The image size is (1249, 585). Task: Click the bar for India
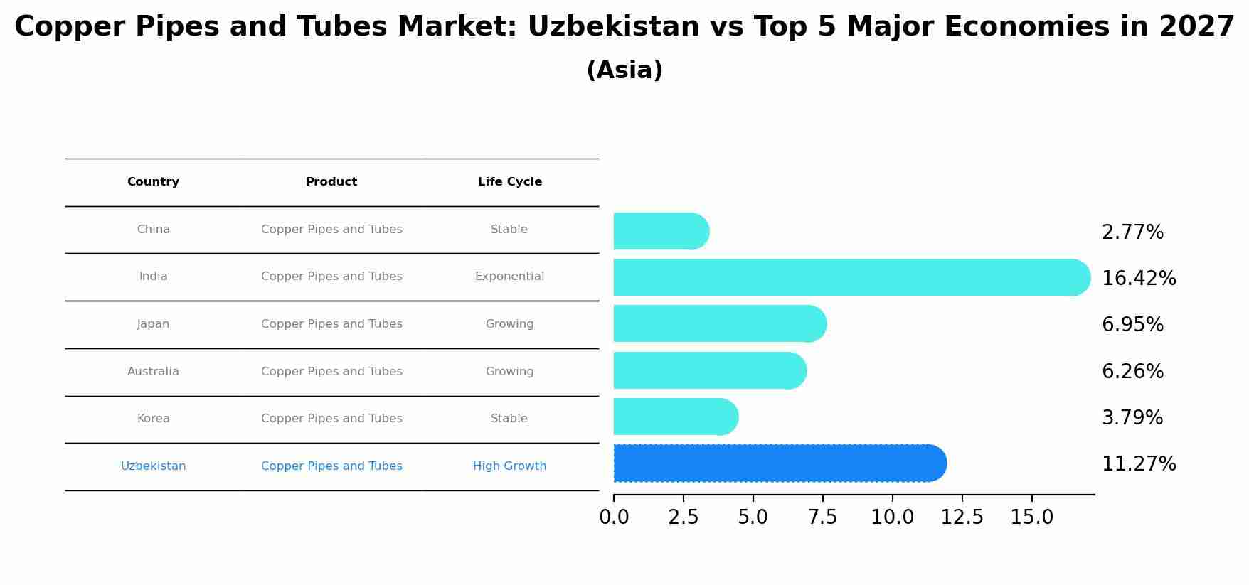[851, 277]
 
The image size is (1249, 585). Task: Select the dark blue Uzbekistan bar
[780, 463]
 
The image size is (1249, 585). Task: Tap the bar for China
[661, 231]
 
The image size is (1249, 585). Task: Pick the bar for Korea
[676, 417]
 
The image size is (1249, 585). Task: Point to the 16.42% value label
[1138, 279]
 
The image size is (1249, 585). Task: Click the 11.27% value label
[1138, 464]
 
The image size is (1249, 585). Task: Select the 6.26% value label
[1132, 372]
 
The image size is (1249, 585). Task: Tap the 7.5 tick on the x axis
[822, 517]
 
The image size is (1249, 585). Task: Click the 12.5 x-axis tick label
[962, 517]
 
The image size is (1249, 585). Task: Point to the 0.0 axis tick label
[614, 517]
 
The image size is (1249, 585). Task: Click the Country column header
[153, 182]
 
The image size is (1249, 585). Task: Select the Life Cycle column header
[509, 182]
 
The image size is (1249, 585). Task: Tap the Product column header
[331, 182]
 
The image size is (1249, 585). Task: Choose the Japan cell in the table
[153, 324]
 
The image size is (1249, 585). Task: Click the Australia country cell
[153, 372]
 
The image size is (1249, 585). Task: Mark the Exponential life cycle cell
[509, 277]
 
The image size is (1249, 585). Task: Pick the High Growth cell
[509, 466]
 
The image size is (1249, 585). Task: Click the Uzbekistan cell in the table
[153, 466]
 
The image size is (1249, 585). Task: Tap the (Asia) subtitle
[624, 70]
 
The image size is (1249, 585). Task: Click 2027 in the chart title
[1196, 27]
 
